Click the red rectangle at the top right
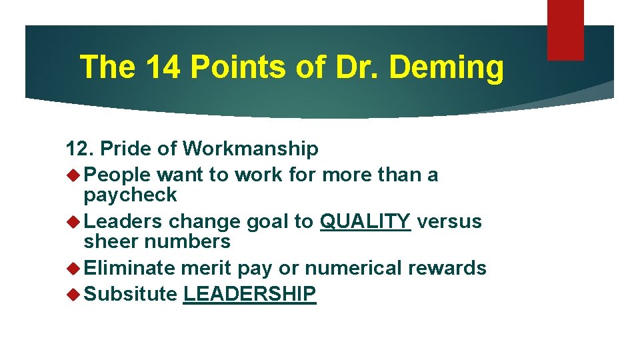[565, 29]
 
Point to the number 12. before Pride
[82, 148]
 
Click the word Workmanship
[251, 149]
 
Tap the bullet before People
[73, 175]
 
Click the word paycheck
[131, 195]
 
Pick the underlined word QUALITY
[365, 221]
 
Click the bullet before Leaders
[73, 221]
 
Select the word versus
[449, 221]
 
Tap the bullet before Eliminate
[73, 268]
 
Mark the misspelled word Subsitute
[131, 294]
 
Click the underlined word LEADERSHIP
[249, 294]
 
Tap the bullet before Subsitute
[73, 294]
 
